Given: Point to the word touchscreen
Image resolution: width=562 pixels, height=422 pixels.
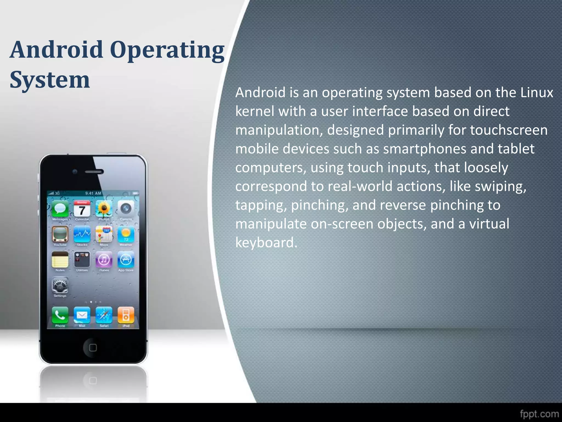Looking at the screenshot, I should point(509,130).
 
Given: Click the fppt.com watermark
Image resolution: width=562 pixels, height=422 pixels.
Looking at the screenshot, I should point(539,414).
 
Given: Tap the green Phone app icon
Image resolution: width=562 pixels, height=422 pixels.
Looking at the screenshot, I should point(60,315).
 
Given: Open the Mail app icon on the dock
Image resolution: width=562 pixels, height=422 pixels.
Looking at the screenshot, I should point(82,315).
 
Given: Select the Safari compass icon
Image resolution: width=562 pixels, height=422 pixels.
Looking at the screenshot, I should point(104,315).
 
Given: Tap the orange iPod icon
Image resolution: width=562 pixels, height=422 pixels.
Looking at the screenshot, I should point(126,315).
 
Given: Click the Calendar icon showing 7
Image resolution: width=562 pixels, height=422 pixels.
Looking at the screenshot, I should point(82,209).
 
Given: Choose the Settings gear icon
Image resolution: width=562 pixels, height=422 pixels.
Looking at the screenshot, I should point(60,286).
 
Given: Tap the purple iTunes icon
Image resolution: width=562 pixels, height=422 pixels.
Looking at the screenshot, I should point(104,259).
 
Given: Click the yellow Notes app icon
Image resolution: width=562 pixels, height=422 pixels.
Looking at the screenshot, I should point(60,259).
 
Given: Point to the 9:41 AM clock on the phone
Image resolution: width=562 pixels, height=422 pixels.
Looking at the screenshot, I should point(93,193).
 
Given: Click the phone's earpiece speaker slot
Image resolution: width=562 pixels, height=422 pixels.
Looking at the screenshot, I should point(94,172).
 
